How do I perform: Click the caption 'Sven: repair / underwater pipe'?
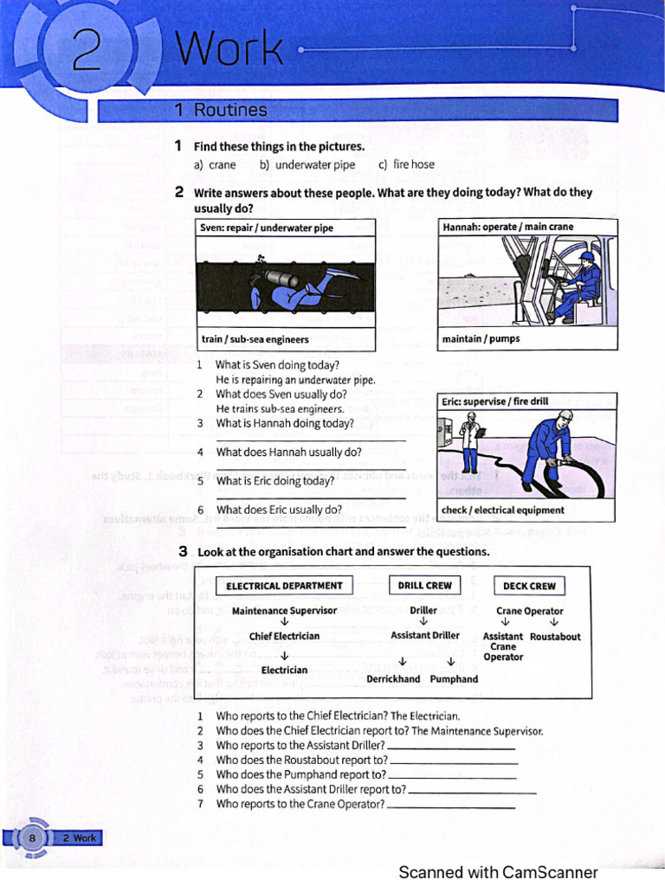267,228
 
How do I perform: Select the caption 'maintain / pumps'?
481,338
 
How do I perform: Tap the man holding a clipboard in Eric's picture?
470,440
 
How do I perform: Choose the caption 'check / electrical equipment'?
503,510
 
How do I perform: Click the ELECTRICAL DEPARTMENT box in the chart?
284,586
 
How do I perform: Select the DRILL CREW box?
424,586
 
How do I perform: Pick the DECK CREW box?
529,586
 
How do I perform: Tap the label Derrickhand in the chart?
393,679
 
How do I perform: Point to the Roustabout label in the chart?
555,637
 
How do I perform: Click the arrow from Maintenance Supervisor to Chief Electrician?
284,622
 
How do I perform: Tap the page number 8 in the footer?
32,838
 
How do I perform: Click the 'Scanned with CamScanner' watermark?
498,872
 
